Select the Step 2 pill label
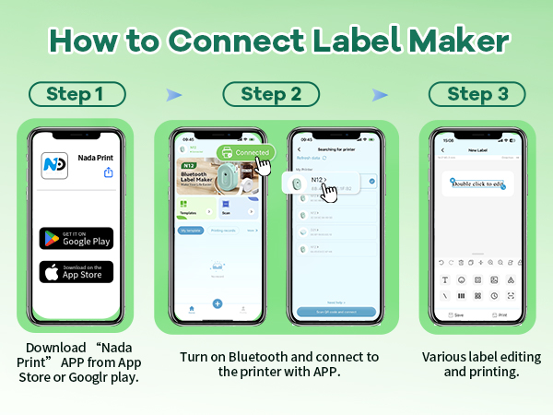tap(270, 95)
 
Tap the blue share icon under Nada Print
tap(109, 172)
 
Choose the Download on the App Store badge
tap(76, 272)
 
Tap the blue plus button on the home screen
tap(218, 303)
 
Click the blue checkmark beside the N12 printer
tap(371, 182)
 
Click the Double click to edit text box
tap(478, 183)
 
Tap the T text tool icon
tap(446, 279)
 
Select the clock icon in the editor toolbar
tap(494, 295)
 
